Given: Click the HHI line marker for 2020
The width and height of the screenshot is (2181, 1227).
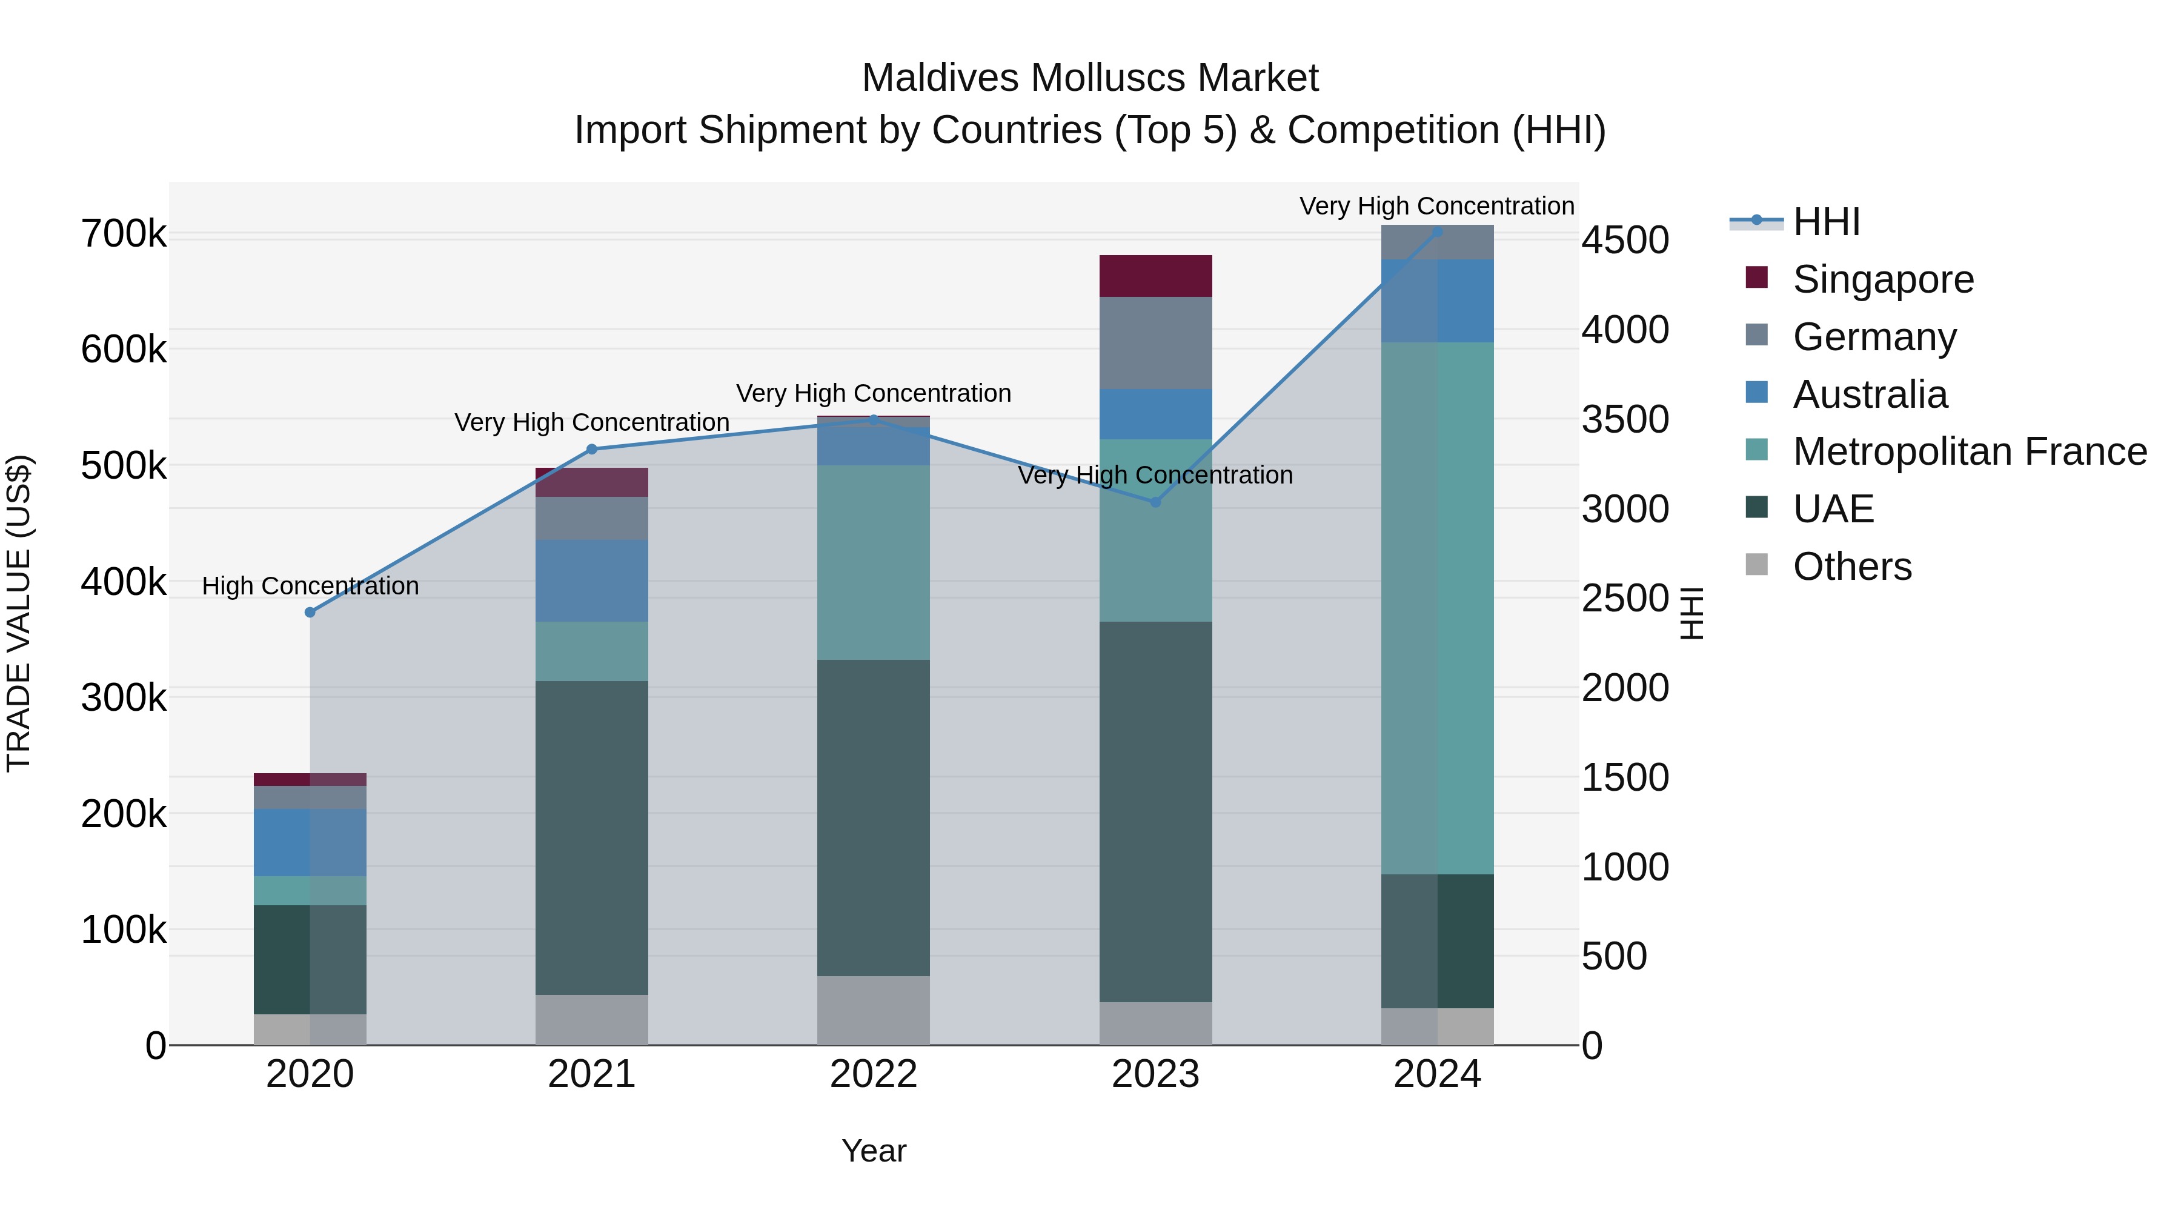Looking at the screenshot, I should tap(310, 612).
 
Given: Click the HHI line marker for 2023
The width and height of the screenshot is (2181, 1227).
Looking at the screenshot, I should tap(1156, 502).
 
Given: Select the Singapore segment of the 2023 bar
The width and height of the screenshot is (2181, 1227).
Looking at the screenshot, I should tap(1156, 276).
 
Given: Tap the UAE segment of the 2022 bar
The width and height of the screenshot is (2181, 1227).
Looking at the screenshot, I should tap(873, 817).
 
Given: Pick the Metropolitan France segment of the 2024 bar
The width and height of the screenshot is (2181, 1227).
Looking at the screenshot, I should tap(1437, 608).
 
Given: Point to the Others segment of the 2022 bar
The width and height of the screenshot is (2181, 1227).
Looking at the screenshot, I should tap(873, 1010).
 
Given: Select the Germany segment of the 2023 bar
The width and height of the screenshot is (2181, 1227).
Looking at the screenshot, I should tap(1156, 343).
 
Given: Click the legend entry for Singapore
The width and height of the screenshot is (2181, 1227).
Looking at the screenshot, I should tap(1883, 279).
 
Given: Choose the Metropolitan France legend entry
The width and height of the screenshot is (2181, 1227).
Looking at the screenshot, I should tap(1970, 451).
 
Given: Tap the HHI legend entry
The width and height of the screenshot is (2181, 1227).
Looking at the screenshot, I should tap(1826, 222).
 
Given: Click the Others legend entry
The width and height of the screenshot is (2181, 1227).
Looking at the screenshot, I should tap(1851, 567).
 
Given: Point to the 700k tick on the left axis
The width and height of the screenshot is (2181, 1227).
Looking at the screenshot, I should tap(124, 234).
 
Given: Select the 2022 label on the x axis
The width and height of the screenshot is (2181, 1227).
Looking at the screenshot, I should tap(873, 1074).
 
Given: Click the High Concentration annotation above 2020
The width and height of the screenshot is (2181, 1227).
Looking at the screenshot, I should tap(310, 586).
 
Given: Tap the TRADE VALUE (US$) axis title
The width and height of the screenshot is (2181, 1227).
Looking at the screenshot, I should tap(19, 613).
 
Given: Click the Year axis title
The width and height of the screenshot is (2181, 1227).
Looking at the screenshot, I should tap(873, 1151).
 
